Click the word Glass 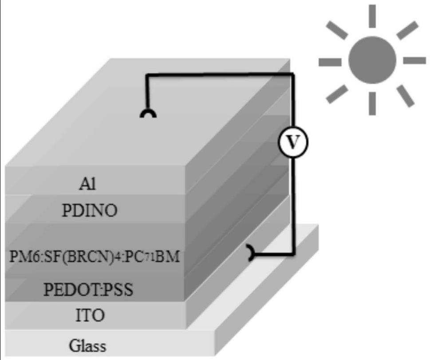(x=87, y=345)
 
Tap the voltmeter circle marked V (x=292, y=142)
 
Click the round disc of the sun (x=372, y=60)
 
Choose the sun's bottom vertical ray (x=372, y=103)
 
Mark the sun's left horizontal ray (x=330, y=60)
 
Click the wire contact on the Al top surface (x=148, y=114)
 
